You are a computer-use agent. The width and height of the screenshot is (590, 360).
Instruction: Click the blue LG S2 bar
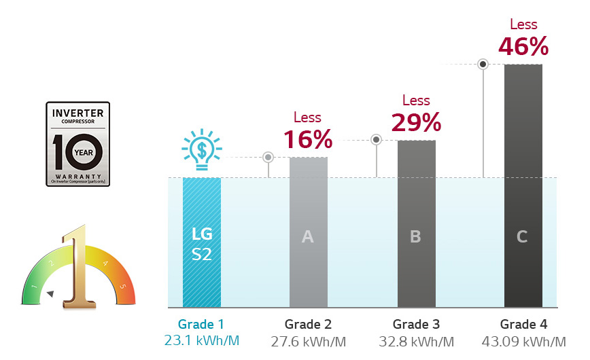point(202,242)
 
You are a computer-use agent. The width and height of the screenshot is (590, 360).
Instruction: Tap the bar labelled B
point(416,224)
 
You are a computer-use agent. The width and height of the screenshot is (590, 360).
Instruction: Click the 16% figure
point(307,139)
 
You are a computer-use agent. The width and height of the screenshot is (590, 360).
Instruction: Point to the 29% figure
point(416,122)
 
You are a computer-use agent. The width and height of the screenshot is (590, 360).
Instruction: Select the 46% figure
point(523,46)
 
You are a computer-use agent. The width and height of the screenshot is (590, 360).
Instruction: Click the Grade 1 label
point(201,324)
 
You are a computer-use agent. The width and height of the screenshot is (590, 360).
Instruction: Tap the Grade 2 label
point(308,324)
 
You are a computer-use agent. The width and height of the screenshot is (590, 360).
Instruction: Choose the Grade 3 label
point(416,324)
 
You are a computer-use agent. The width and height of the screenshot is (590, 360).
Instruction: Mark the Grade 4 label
point(523,324)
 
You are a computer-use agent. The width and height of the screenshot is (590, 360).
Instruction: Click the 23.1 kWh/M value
point(201,340)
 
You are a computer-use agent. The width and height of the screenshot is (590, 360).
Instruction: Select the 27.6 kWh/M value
point(308,340)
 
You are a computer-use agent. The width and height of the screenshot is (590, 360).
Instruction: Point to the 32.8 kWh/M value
point(416,340)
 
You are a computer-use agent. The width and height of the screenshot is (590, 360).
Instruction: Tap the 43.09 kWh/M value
point(523,340)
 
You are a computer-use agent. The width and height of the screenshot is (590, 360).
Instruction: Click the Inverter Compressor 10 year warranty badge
point(77,144)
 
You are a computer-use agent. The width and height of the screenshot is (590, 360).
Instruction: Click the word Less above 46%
point(523,24)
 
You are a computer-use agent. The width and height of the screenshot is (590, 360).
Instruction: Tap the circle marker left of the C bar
point(483,65)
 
